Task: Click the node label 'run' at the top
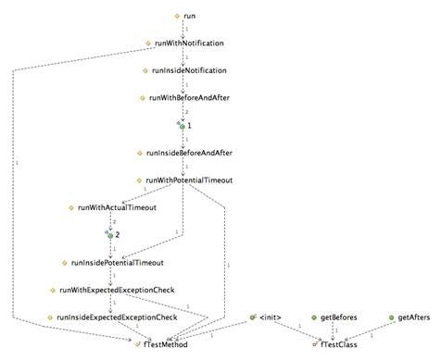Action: click(x=191, y=18)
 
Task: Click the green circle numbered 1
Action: click(x=183, y=124)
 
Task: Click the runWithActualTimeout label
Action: click(x=117, y=207)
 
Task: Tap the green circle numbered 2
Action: click(x=109, y=235)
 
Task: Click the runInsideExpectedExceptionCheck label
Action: click(x=117, y=317)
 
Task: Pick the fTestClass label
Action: click(x=342, y=344)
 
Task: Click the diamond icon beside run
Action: click(x=176, y=18)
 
